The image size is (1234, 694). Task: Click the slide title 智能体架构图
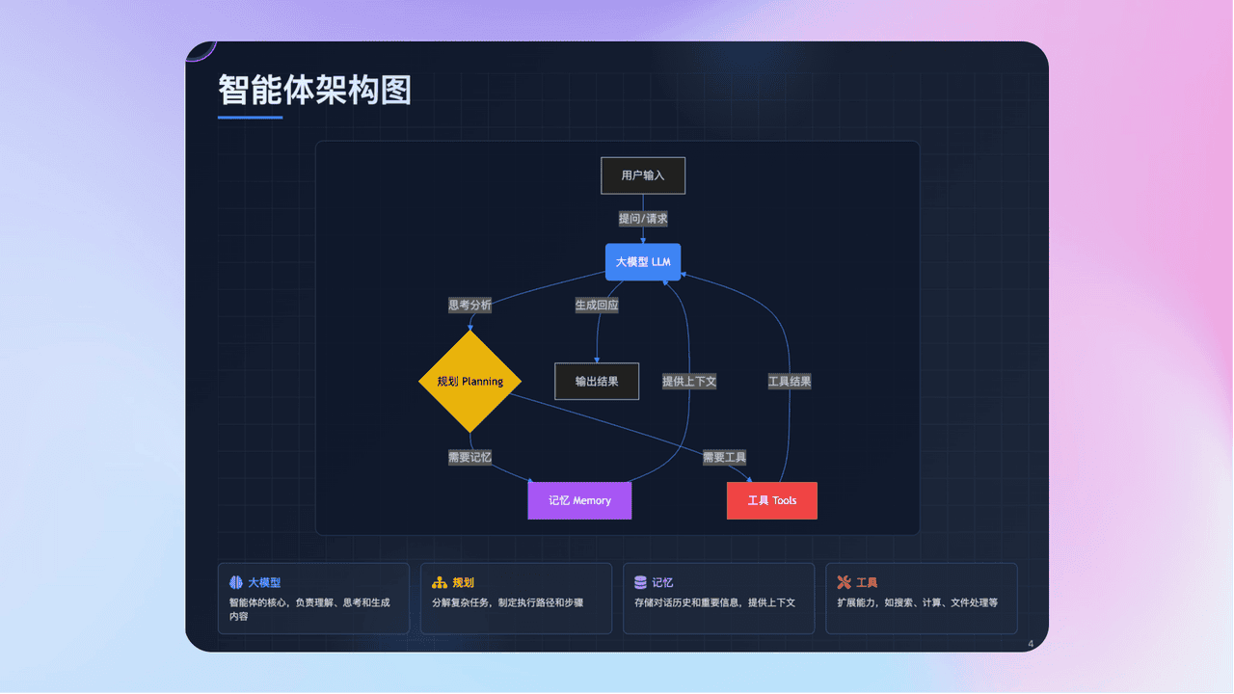point(314,90)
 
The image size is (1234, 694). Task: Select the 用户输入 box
point(643,175)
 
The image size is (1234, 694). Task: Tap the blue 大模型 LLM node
point(643,262)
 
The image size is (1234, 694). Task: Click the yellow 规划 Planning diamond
point(470,382)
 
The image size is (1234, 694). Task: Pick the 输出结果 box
point(597,381)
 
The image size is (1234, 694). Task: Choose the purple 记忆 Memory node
point(579,500)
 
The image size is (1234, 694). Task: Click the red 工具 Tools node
point(771,500)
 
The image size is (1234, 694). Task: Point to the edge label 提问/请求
point(643,219)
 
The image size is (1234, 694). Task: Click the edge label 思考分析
point(469,305)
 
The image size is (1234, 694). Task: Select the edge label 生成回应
point(597,305)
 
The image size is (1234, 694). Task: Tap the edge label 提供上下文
point(689,381)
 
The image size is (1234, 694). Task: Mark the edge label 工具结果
point(790,381)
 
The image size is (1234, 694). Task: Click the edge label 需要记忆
point(469,457)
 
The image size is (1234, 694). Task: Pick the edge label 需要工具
point(724,457)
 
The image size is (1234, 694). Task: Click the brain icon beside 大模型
point(236,582)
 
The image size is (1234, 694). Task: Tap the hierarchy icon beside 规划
point(440,582)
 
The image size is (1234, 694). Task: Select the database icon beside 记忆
point(641,582)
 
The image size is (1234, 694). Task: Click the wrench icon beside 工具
point(844,582)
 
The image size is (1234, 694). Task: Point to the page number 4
point(1031,644)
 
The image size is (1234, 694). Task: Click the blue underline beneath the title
point(250,118)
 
